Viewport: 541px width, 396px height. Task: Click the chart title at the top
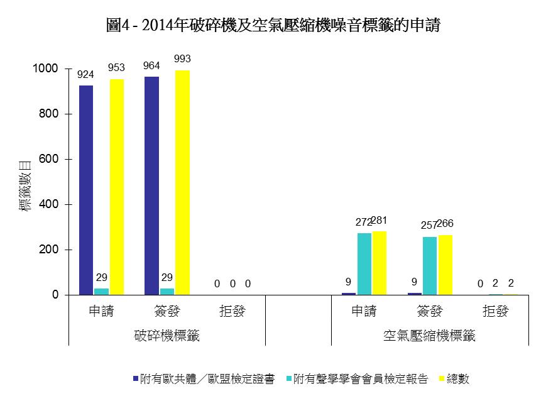pyautogui.click(x=273, y=26)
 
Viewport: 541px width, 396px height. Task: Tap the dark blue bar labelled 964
pyautogui.click(x=151, y=185)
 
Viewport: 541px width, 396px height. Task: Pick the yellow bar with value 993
pyautogui.click(x=182, y=182)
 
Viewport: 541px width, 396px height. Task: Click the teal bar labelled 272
pyautogui.click(x=364, y=264)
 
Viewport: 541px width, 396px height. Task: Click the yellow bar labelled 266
pyautogui.click(x=445, y=265)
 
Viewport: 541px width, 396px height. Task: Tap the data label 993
pyautogui.click(x=182, y=58)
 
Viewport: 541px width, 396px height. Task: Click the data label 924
pyautogui.click(x=85, y=74)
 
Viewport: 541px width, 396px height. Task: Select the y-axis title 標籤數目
pyautogui.click(x=26, y=185)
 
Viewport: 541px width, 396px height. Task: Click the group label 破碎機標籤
pyautogui.click(x=167, y=336)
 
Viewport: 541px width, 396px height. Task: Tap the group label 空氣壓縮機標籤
pyautogui.click(x=430, y=336)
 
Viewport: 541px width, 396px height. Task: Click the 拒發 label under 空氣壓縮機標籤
pyautogui.click(x=495, y=311)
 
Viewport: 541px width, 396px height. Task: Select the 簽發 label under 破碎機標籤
pyautogui.click(x=167, y=311)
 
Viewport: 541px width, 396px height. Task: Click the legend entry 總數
pyautogui.click(x=458, y=379)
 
